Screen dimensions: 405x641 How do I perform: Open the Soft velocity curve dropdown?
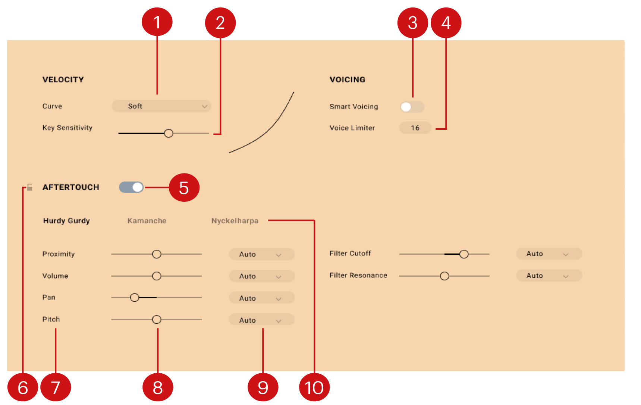click(161, 106)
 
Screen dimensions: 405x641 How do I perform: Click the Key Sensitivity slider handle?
click(169, 133)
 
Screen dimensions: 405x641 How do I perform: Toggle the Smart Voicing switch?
click(412, 107)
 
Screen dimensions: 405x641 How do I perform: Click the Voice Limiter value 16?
click(415, 128)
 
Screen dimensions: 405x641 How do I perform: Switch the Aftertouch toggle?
click(131, 187)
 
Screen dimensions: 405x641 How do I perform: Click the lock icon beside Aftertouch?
click(29, 187)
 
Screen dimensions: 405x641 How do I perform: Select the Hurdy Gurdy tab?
click(66, 221)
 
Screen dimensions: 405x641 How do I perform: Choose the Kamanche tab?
click(147, 221)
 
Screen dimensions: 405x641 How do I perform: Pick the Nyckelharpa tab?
click(235, 221)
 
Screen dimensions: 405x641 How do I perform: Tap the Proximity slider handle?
click(157, 254)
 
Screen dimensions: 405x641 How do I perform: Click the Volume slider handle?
click(157, 276)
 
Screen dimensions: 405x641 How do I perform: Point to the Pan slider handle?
click(135, 298)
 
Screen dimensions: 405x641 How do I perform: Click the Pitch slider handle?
click(157, 320)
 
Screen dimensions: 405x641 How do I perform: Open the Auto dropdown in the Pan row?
click(261, 298)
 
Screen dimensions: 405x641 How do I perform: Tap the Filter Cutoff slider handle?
click(464, 254)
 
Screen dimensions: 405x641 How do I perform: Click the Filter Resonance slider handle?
click(444, 276)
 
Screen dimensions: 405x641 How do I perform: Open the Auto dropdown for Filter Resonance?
click(549, 276)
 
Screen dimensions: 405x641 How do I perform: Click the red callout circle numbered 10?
click(314, 387)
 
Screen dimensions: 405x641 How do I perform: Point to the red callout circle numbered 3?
click(412, 23)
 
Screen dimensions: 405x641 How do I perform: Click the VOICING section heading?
click(347, 79)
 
